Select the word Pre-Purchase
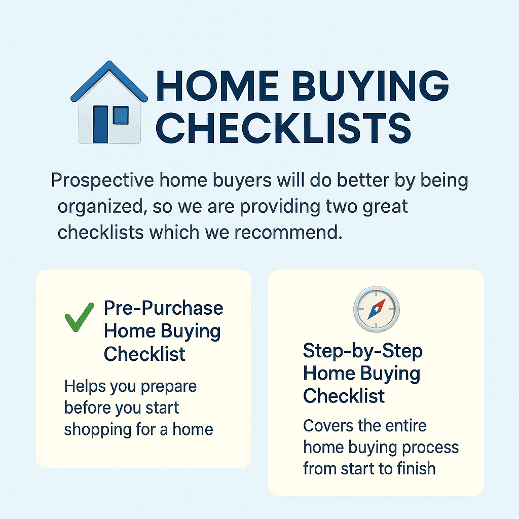tap(163, 308)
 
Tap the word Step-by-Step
tap(362, 351)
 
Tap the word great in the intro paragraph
tap(385, 207)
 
